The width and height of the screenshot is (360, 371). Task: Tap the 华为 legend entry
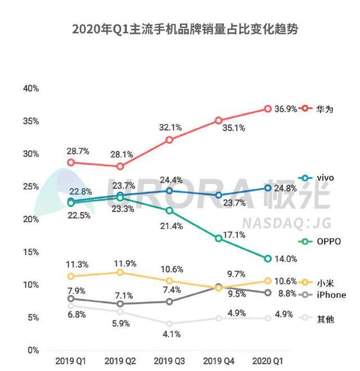click(x=325, y=109)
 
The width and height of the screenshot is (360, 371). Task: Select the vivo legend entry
click(x=325, y=178)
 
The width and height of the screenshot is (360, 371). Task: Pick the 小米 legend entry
click(x=325, y=283)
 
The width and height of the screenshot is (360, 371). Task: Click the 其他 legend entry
click(x=325, y=319)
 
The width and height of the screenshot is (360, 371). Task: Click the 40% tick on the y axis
click(x=30, y=89)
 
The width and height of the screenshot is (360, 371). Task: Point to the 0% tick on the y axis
click(x=33, y=350)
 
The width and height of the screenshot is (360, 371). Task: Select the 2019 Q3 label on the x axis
click(x=169, y=359)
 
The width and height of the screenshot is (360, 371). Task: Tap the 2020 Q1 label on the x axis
click(x=268, y=359)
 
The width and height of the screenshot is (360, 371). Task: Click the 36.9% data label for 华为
click(x=285, y=109)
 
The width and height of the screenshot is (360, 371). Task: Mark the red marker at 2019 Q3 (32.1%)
click(x=169, y=140)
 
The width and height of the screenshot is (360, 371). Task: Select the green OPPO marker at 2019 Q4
click(x=219, y=239)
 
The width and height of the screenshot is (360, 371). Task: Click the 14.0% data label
click(x=285, y=259)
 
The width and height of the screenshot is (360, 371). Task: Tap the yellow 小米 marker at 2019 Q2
click(x=120, y=272)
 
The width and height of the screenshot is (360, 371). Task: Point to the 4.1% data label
click(x=169, y=334)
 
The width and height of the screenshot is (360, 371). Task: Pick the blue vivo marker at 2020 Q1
click(x=268, y=188)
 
